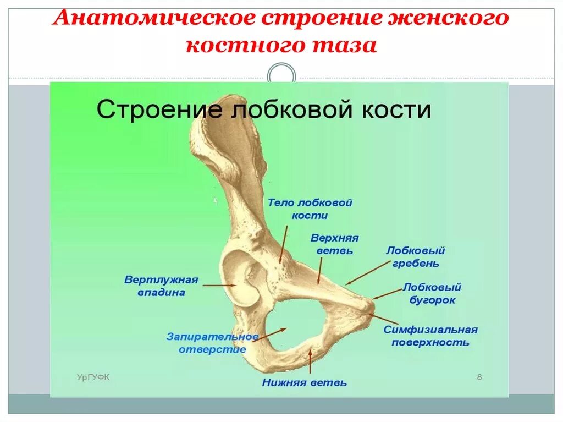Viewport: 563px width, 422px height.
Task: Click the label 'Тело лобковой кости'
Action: coord(310,209)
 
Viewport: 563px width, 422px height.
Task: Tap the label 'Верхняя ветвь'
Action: coord(334,244)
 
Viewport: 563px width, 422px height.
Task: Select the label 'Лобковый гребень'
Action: coord(415,256)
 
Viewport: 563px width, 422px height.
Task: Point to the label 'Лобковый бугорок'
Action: coord(432,294)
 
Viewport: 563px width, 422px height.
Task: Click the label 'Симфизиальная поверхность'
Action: coord(430,336)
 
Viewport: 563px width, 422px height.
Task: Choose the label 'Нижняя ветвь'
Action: coord(304,382)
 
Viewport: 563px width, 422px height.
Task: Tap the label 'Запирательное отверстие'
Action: coord(212,343)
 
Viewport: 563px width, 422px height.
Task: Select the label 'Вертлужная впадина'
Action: coord(161,286)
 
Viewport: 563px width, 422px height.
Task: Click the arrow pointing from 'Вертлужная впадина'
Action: coord(219,285)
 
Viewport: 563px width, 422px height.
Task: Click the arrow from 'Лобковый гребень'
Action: coord(368,272)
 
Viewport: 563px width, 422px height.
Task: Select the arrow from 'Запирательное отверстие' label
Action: coord(269,334)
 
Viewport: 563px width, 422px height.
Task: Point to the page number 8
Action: coord(479,377)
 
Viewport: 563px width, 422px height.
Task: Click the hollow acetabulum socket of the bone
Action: coord(242,278)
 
